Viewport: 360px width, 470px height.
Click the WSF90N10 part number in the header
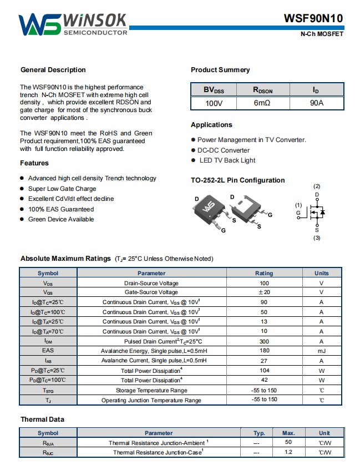(x=314, y=18)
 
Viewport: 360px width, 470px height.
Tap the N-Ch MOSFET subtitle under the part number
(x=322, y=34)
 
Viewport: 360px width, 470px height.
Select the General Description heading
(x=53, y=70)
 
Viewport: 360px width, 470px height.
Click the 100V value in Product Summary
(x=214, y=103)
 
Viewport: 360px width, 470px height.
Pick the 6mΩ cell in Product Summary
(x=262, y=103)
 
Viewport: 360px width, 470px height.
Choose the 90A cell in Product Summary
(x=317, y=103)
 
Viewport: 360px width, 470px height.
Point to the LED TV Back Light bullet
(x=227, y=160)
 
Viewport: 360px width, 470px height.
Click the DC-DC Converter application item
(x=224, y=150)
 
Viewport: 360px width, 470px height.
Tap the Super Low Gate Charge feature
(x=62, y=189)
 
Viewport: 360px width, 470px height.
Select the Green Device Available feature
(x=61, y=219)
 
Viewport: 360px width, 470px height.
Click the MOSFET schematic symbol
(x=316, y=212)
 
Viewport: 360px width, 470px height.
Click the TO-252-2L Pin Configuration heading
(x=238, y=180)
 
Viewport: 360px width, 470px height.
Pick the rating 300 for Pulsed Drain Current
(x=264, y=341)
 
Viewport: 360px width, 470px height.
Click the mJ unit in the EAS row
(x=321, y=351)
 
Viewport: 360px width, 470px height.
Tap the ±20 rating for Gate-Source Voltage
(x=264, y=292)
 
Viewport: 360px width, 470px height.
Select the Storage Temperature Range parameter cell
(x=151, y=390)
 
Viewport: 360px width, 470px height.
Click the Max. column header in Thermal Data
(x=288, y=433)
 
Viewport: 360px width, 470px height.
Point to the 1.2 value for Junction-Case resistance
(x=288, y=452)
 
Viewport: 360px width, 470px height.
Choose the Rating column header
(x=264, y=273)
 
